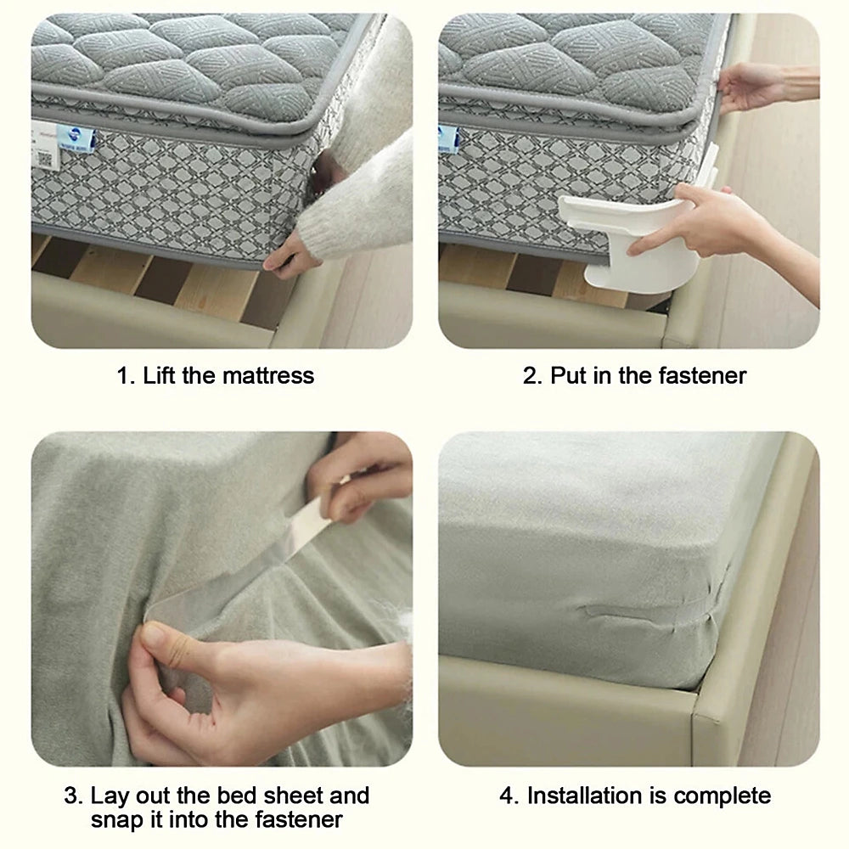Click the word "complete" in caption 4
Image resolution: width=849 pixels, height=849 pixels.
click(722, 796)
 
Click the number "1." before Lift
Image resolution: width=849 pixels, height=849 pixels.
click(126, 375)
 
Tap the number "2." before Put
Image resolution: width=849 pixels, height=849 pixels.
click(532, 375)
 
